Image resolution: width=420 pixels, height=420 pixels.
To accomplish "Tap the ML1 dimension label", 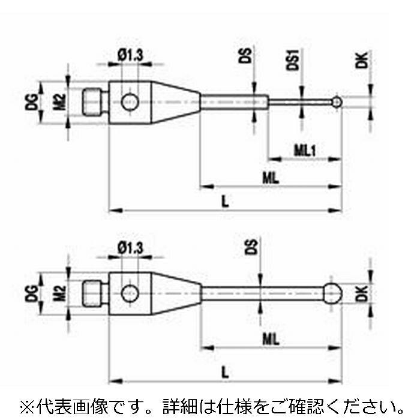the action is (x=304, y=148).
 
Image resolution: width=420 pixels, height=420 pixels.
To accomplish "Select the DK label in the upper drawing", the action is (x=361, y=62).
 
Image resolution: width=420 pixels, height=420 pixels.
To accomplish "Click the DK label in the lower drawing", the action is (x=361, y=293).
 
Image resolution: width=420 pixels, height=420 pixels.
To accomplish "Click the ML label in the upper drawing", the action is (x=271, y=176).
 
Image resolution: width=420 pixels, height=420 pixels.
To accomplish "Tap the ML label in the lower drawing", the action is (x=271, y=339).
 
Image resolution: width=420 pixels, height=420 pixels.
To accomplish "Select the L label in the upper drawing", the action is (x=224, y=201).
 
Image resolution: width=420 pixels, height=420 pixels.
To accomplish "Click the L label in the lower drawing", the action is (x=224, y=371).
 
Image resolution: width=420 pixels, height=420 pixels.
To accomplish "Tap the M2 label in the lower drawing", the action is (x=59, y=293).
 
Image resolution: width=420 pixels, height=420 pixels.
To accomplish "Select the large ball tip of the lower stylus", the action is (x=333, y=293).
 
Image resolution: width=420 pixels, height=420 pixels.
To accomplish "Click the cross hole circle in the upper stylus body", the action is (x=128, y=102).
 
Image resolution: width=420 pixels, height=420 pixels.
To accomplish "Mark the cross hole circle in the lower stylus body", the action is (x=128, y=293).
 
